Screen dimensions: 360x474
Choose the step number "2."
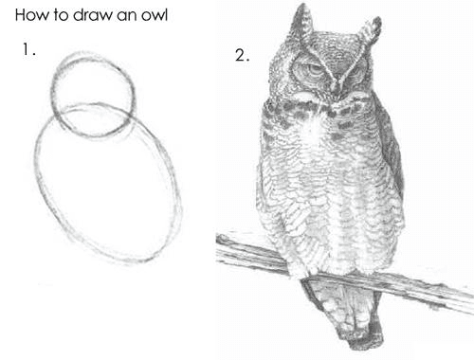coord(242,55)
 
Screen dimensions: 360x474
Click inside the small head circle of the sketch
coord(92,85)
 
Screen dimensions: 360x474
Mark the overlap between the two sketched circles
coord(95,121)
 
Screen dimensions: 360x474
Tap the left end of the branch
coord(224,248)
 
